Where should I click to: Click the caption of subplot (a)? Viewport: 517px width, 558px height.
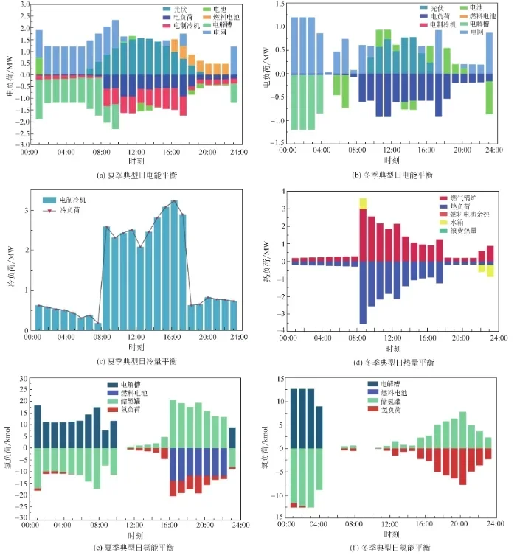tap(136, 175)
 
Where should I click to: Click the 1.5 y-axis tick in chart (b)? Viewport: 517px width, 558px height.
tap(277, 4)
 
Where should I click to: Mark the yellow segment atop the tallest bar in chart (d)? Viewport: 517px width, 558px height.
tap(363, 203)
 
